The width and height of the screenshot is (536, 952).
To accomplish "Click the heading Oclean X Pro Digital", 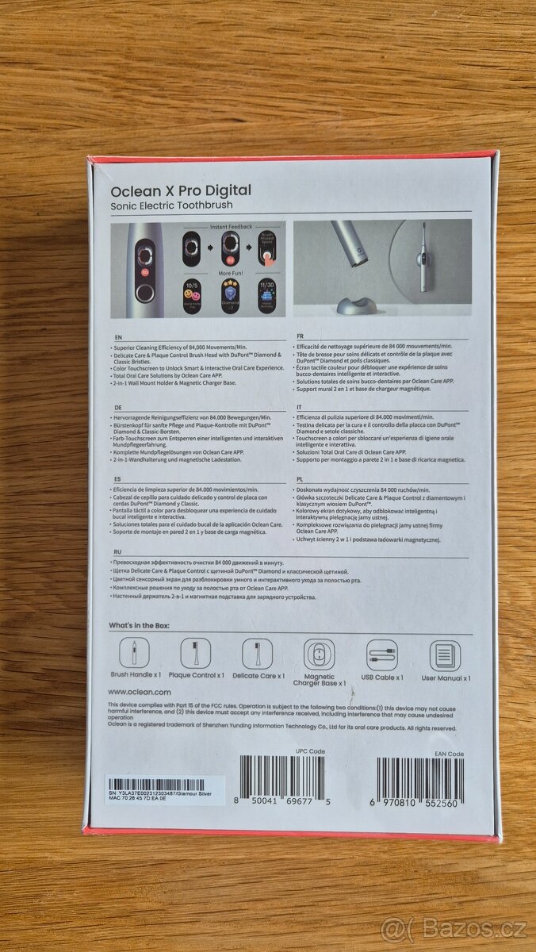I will click(181, 190).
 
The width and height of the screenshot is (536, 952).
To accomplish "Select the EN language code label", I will click(118, 336).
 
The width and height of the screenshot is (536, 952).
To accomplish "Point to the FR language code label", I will click(300, 336).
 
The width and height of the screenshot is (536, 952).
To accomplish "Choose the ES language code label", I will click(117, 479).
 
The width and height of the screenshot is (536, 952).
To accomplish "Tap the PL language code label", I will click(299, 479).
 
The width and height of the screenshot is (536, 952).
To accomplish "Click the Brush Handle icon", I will click(134, 654).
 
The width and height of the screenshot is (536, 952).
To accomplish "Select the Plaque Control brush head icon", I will click(195, 654).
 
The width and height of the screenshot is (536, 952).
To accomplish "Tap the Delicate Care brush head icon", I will click(257, 654).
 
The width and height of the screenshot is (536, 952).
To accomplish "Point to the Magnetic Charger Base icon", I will click(319, 655).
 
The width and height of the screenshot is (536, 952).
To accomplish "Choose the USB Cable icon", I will click(381, 655).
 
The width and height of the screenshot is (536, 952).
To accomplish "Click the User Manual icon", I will click(445, 655).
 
